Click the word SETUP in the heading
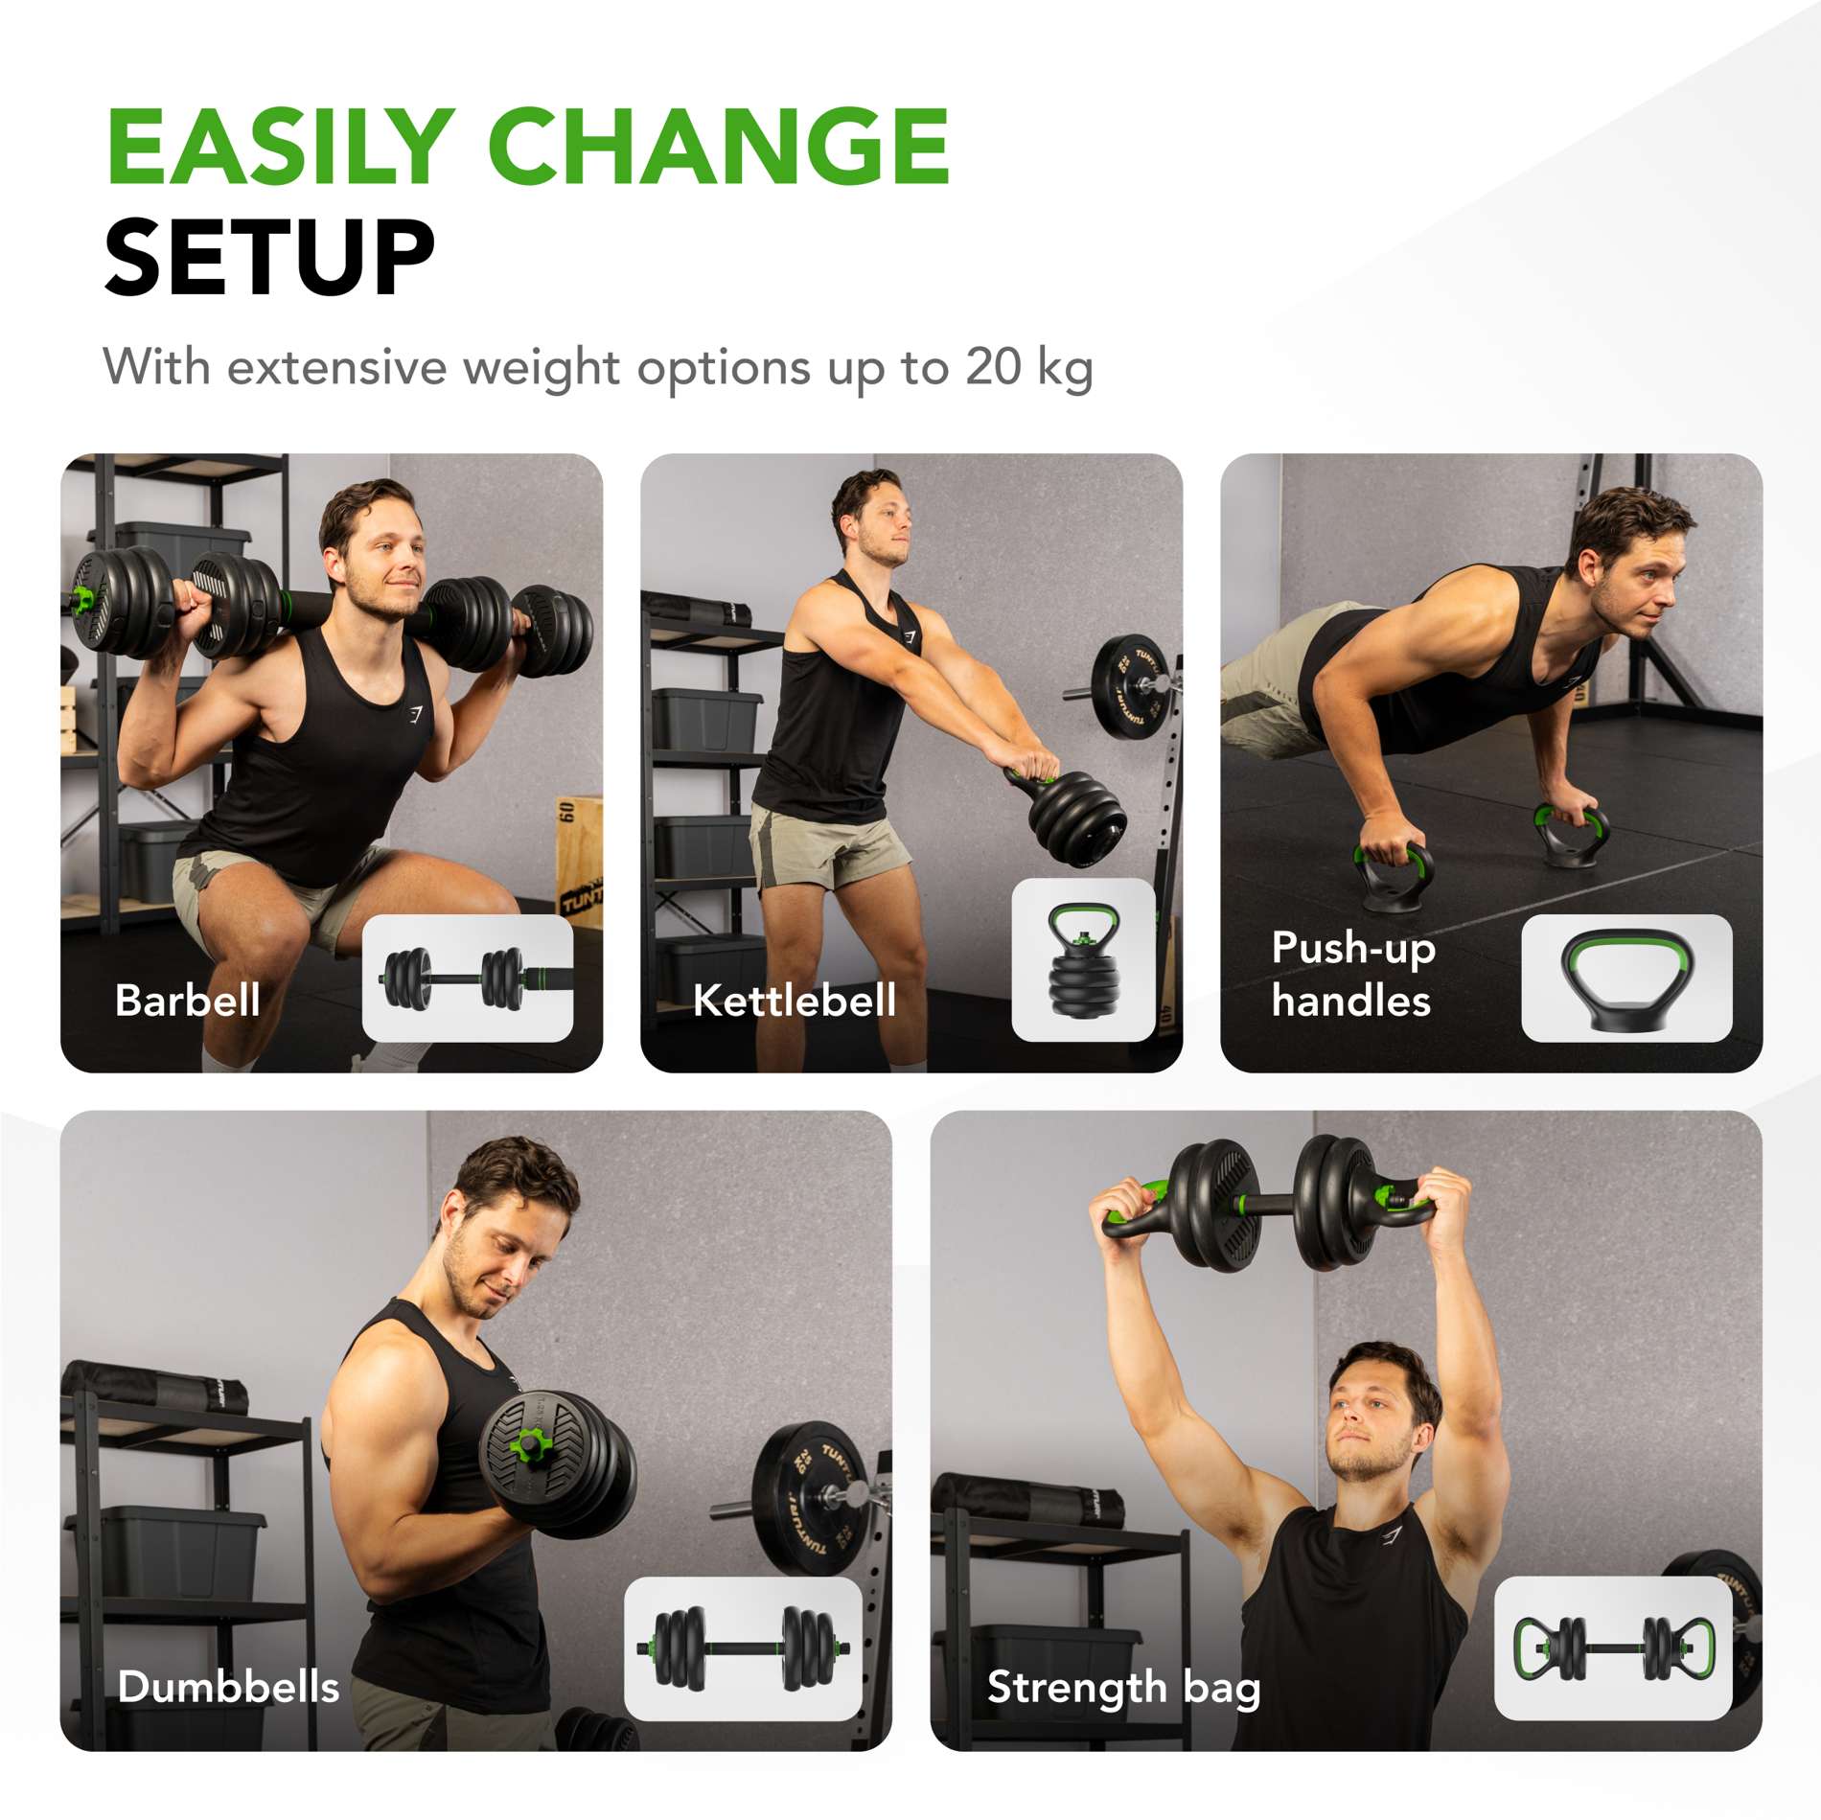coord(269,257)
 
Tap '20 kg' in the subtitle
coord(1028,367)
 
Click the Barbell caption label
coord(188,1001)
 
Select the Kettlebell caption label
coord(795,1001)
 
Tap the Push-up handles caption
coord(1352,974)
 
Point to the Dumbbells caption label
coord(228,1687)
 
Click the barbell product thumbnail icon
coord(468,979)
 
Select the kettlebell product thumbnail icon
coord(1083,960)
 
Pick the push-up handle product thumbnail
coord(1626,979)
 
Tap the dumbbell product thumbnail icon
coord(743,1648)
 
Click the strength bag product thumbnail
coord(1613,1648)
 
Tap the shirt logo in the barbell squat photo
coord(414,714)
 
